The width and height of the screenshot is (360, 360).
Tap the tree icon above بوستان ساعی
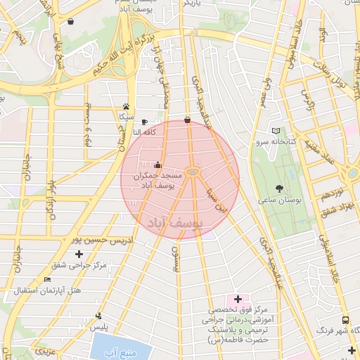tap(280, 188)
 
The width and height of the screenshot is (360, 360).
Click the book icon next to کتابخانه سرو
tap(276, 131)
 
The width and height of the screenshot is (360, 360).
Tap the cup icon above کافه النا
tap(144, 121)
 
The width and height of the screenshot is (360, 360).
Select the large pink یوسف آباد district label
tap(174, 222)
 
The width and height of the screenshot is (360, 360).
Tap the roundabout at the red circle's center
tap(195, 172)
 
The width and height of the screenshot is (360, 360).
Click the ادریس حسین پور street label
tap(105, 240)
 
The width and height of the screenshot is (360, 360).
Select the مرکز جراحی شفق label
tap(79, 265)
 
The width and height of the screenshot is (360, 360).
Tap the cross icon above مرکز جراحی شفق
tap(79, 254)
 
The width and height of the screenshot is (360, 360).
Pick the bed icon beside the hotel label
tap(48, 279)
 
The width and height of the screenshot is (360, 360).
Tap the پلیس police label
tap(102, 328)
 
